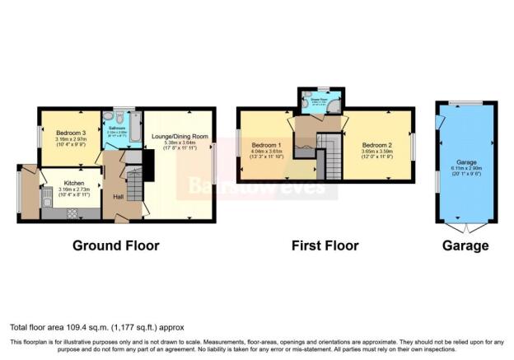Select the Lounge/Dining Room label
178,135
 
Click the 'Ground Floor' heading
115,245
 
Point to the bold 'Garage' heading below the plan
466,245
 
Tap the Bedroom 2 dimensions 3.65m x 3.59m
378,151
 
